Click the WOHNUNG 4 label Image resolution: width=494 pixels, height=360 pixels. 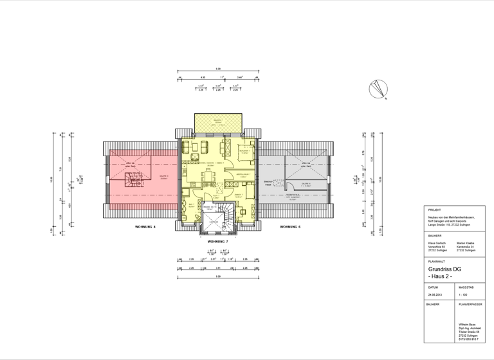tap(146, 227)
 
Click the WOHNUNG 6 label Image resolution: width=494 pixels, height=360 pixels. tap(291, 227)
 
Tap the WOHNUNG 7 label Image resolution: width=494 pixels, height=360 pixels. tap(218, 241)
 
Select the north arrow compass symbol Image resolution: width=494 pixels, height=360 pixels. tap(377, 90)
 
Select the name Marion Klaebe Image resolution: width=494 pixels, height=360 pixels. tap(466, 242)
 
